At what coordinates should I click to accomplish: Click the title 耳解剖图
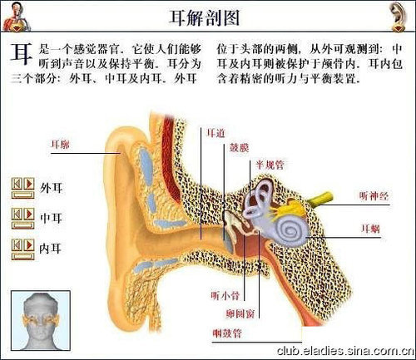(205, 17)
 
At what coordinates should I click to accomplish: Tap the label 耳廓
(60, 145)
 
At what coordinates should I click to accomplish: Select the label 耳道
(216, 133)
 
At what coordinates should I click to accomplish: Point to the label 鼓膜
(239, 148)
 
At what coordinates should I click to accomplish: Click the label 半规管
(270, 165)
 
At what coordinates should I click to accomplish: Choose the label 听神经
(374, 196)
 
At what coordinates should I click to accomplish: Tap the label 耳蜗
(371, 229)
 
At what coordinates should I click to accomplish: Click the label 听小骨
(225, 295)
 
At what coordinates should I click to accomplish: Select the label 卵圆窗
(240, 313)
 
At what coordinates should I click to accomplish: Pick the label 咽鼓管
(227, 333)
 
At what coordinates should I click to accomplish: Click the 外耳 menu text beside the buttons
(52, 188)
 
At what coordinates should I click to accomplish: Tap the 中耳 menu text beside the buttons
(52, 218)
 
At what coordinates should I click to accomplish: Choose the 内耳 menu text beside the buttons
(51, 249)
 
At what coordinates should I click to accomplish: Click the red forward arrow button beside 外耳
(29, 184)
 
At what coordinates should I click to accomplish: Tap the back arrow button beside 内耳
(17, 245)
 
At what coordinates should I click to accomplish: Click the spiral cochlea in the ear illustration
(290, 230)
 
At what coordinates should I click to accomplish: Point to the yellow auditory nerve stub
(321, 199)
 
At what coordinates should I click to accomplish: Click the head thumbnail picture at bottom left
(41, 320)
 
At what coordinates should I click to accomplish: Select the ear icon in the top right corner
(399, 16)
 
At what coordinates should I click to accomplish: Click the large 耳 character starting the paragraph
(22, 53)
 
